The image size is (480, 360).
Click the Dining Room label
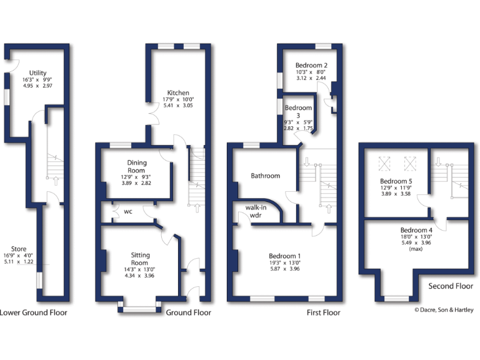coord(136,166)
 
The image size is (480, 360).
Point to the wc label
coord(127,211)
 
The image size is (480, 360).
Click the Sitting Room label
coord(140,259)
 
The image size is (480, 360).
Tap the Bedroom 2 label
coord(311,65)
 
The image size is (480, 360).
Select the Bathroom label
coord(266,176)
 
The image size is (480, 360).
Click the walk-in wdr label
coord(257,211)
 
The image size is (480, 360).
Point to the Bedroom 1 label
coord(285,256)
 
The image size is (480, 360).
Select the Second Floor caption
coord(449,286)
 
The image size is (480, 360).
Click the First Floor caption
coord(323,312)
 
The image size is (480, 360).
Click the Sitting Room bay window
coord(140,307)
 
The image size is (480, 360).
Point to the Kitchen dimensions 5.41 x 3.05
coord(177,106)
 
